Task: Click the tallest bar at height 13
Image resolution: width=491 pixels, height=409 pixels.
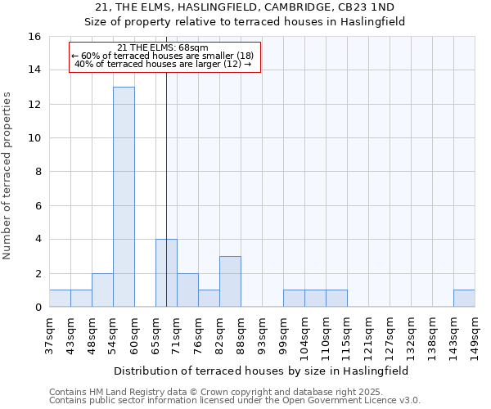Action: (124, 196)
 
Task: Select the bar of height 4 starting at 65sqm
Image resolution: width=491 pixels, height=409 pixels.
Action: (166, 273)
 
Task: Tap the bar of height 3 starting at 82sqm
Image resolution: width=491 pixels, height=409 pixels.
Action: (230, 281)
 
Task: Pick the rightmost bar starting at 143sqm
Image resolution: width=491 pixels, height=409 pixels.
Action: (464, 299)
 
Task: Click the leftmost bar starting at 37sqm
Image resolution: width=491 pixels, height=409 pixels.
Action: (60, 299)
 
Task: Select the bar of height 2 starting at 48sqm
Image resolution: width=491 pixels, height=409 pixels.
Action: (102, 290)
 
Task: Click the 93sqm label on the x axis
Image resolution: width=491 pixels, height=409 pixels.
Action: (262, 335)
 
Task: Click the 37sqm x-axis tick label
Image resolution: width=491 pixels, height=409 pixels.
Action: (49, 335)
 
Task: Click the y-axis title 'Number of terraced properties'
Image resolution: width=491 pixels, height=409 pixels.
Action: (9, 175)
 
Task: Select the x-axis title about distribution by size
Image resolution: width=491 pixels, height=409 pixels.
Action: (261, 371)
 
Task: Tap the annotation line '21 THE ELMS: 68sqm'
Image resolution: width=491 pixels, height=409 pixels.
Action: (163, 47)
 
